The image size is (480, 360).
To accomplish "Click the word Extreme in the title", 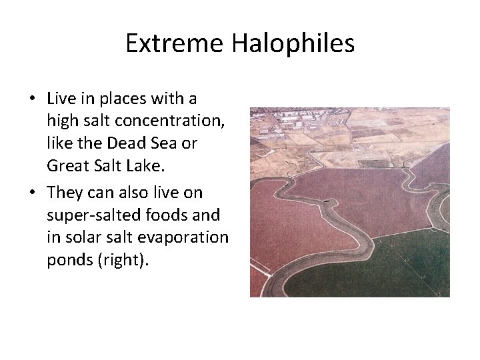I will pos(175,43).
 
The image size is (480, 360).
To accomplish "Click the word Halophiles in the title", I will pos(293,43).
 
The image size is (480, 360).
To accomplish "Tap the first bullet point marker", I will pos(32,99).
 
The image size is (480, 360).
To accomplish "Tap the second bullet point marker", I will pos(32,193).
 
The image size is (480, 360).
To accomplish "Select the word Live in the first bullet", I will pos(61,99).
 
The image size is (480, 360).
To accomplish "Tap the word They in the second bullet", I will pos(65,192).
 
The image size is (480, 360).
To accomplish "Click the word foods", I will pos(151,215).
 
